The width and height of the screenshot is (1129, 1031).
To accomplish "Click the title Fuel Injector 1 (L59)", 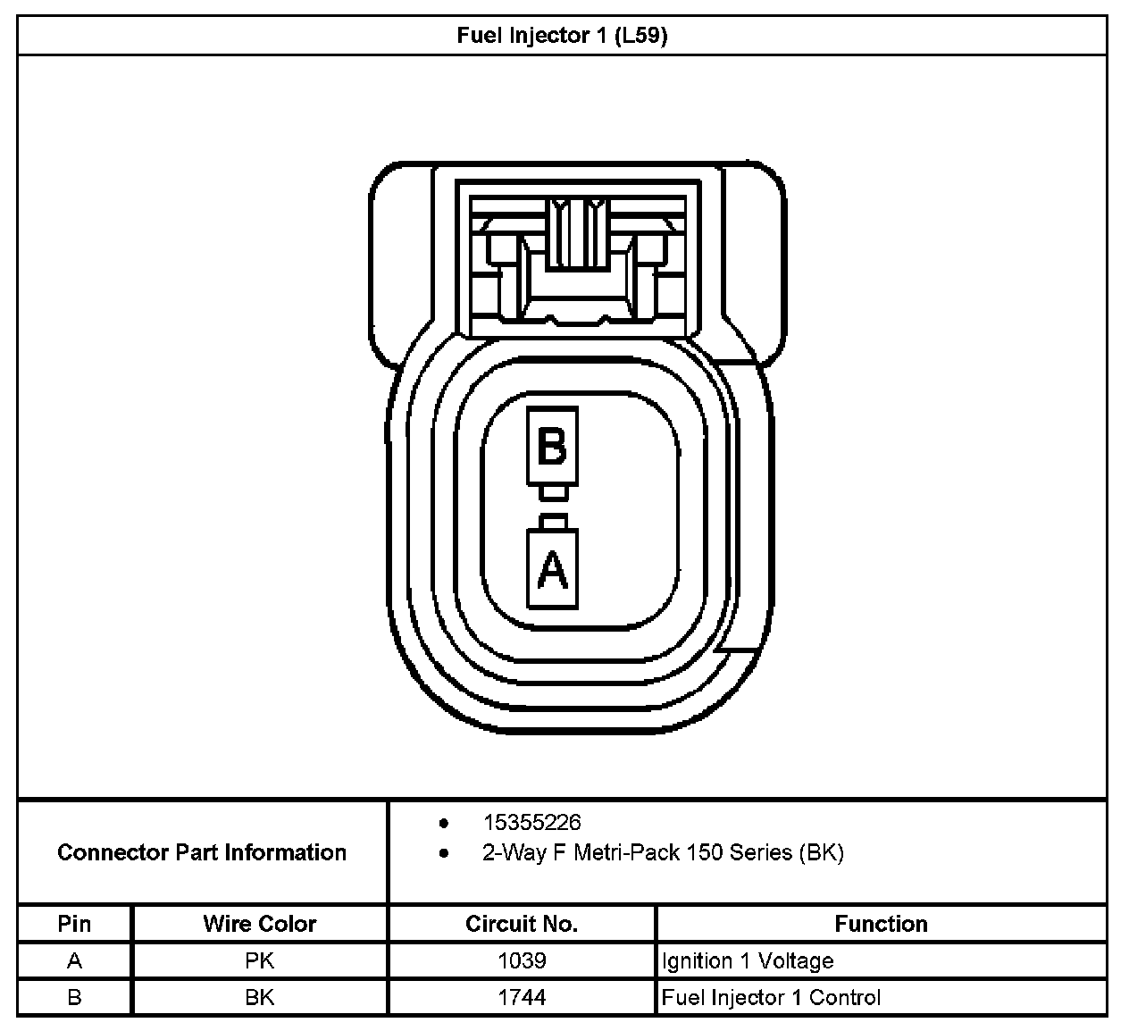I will click(562, 36).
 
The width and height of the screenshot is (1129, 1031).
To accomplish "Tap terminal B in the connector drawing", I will click(552, 446).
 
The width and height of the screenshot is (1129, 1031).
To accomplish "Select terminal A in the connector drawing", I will click(552, 569).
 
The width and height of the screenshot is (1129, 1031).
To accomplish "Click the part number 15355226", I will click(531, 822).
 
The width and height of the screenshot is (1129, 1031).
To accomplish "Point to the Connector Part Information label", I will click(202, 852).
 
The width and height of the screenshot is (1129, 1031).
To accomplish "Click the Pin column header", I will click(74, 924).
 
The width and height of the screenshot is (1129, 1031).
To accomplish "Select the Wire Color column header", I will click(260, 924).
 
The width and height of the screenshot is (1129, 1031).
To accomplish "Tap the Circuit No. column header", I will click(522, 924).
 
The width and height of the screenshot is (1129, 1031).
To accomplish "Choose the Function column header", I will click(881, 924).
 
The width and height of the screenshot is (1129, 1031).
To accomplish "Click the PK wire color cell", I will click(260, 961).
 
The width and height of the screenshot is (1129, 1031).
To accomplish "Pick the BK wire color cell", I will click(260, 998).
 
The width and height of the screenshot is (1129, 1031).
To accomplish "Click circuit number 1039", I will click(522, 961).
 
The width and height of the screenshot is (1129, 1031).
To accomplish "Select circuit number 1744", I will click(522, 998).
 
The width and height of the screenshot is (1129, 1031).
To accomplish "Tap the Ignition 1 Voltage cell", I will click(748, 961).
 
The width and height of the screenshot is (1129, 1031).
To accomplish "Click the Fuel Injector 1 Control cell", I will click(771, 998).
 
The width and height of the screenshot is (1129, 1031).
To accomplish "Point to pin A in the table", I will click(74, 961).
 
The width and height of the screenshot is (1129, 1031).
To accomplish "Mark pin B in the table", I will click(74, 998).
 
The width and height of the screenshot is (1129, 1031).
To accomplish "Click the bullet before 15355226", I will click(444, 823).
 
